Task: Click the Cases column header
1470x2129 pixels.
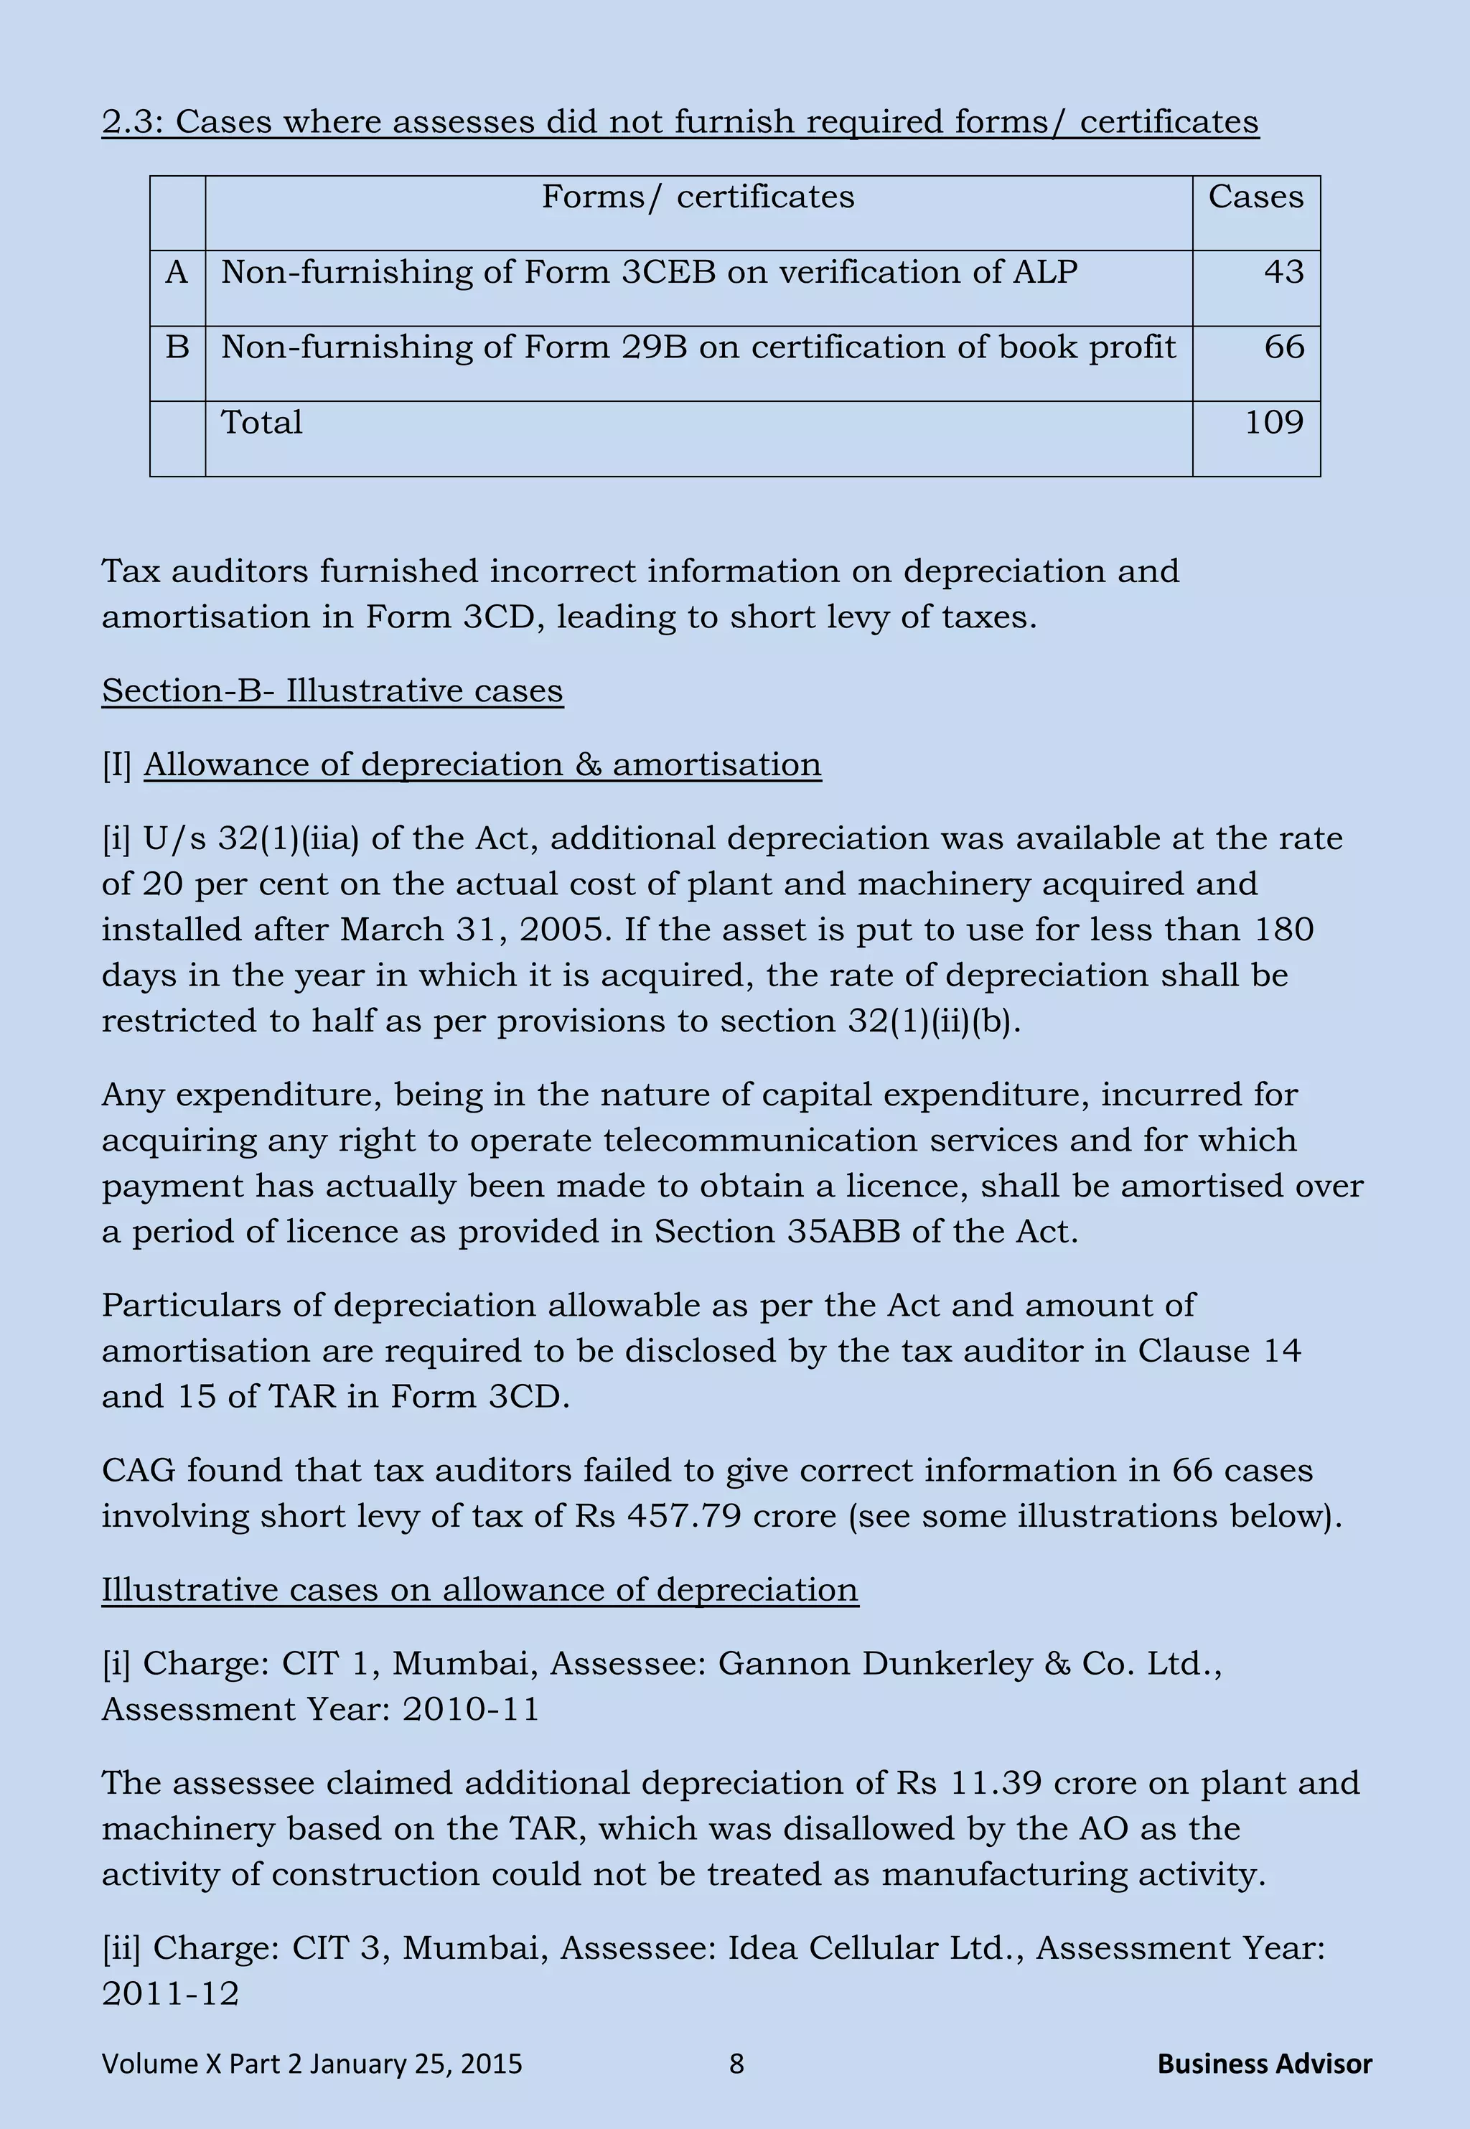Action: tap(1255, 197)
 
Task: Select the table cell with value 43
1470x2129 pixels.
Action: tap(1284, 273)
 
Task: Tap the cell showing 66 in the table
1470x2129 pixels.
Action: tap(1284, 348)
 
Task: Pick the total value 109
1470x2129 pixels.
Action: tap(1274, 423)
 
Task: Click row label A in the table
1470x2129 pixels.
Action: tap(177, 273)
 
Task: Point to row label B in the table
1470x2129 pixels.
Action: tap(177, 348)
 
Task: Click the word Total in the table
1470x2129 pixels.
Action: tap(261, 423)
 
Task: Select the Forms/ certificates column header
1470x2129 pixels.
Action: tap(697, 197)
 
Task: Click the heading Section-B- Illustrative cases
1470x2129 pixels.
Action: tap(332, 691)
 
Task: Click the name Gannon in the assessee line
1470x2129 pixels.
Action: tap(784, 1664)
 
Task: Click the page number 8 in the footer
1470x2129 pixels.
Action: tap(736, 2064)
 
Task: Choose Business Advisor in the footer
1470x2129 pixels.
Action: tap(1264, 2064)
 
